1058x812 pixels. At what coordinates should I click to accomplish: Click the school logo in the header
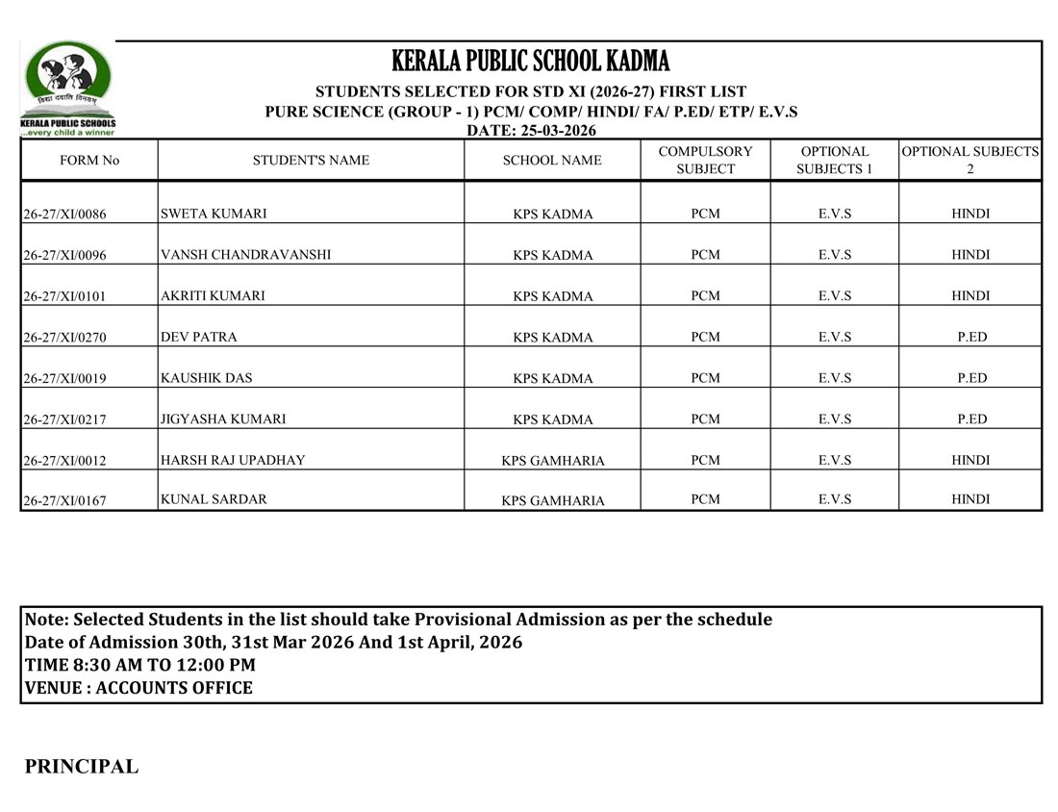(x=67, y=88)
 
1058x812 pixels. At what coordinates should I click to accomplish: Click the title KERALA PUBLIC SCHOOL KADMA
(x=530, y=62)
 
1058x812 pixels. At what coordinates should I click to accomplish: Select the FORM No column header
(x=89, y=161)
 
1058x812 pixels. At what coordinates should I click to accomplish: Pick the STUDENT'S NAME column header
(x=311, y=161)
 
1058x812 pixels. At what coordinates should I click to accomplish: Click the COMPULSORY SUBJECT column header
(x=705, y=161)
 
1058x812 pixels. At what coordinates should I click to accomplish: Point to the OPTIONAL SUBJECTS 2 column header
(x=970, y=161)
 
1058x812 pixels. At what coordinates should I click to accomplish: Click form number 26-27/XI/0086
(x=64, y=215)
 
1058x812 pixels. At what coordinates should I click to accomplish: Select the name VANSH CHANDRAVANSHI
(x=245, y=255)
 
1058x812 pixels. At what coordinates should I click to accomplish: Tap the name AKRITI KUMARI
(x=213, y=296)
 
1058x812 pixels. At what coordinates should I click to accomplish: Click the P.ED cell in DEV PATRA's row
(x=970, y=338)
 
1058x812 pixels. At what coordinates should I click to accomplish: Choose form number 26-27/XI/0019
(x=64, y=379)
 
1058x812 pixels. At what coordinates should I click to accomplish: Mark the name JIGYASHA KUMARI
(x=223, y=419)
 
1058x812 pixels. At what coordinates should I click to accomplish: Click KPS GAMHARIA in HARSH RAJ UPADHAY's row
(x=553, y=461)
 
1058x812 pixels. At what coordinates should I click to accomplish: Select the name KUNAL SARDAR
(x=214, y=499)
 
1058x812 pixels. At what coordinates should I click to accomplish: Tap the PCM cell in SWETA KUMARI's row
(x=705, y=214)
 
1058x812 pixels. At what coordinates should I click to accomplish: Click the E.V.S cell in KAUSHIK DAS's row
(x=834, y=378)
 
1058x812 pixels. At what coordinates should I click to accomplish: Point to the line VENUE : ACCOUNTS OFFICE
(x=139, y=688)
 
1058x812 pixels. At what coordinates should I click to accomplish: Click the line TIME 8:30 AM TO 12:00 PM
(x=140, y=665)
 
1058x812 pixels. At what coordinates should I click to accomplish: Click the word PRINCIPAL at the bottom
(x=82, y=767)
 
